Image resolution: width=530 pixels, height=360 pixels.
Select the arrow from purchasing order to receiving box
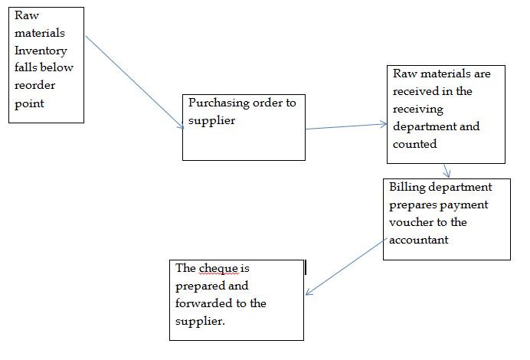(345, 126)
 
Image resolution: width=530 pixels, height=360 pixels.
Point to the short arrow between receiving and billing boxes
(445, 170)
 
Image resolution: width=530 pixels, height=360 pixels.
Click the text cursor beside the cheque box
(305, 267)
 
